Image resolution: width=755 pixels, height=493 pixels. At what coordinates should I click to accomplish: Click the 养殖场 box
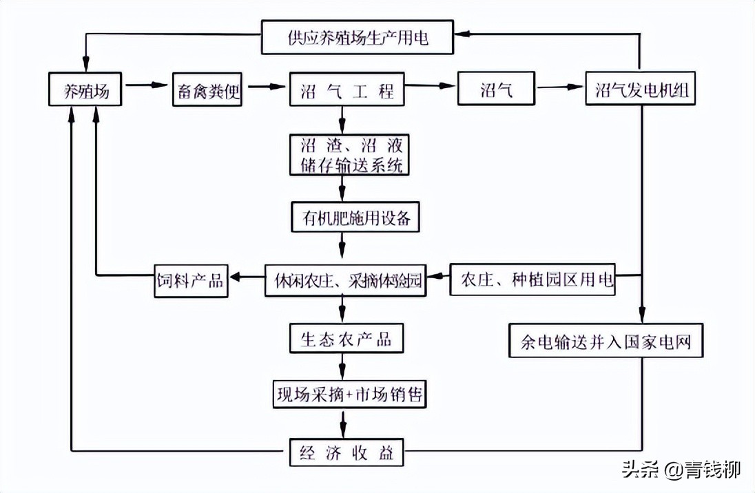[x=85, y=89]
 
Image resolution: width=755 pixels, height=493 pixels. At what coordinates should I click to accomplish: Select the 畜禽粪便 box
[x=207, y=89]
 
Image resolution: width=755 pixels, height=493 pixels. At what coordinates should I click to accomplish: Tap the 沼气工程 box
[x=347, y=89]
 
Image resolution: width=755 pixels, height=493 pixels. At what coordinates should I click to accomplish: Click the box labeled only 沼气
[x=497, y=89]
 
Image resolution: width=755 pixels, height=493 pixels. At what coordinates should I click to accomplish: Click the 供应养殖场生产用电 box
[x=358, y=37]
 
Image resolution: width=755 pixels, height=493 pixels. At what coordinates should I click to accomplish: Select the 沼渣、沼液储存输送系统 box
[x=350, y=154]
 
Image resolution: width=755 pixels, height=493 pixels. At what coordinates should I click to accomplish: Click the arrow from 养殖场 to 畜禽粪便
[x=145, y=87]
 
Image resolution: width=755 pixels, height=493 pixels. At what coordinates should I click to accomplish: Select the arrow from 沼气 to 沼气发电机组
[x=559, y=88]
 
